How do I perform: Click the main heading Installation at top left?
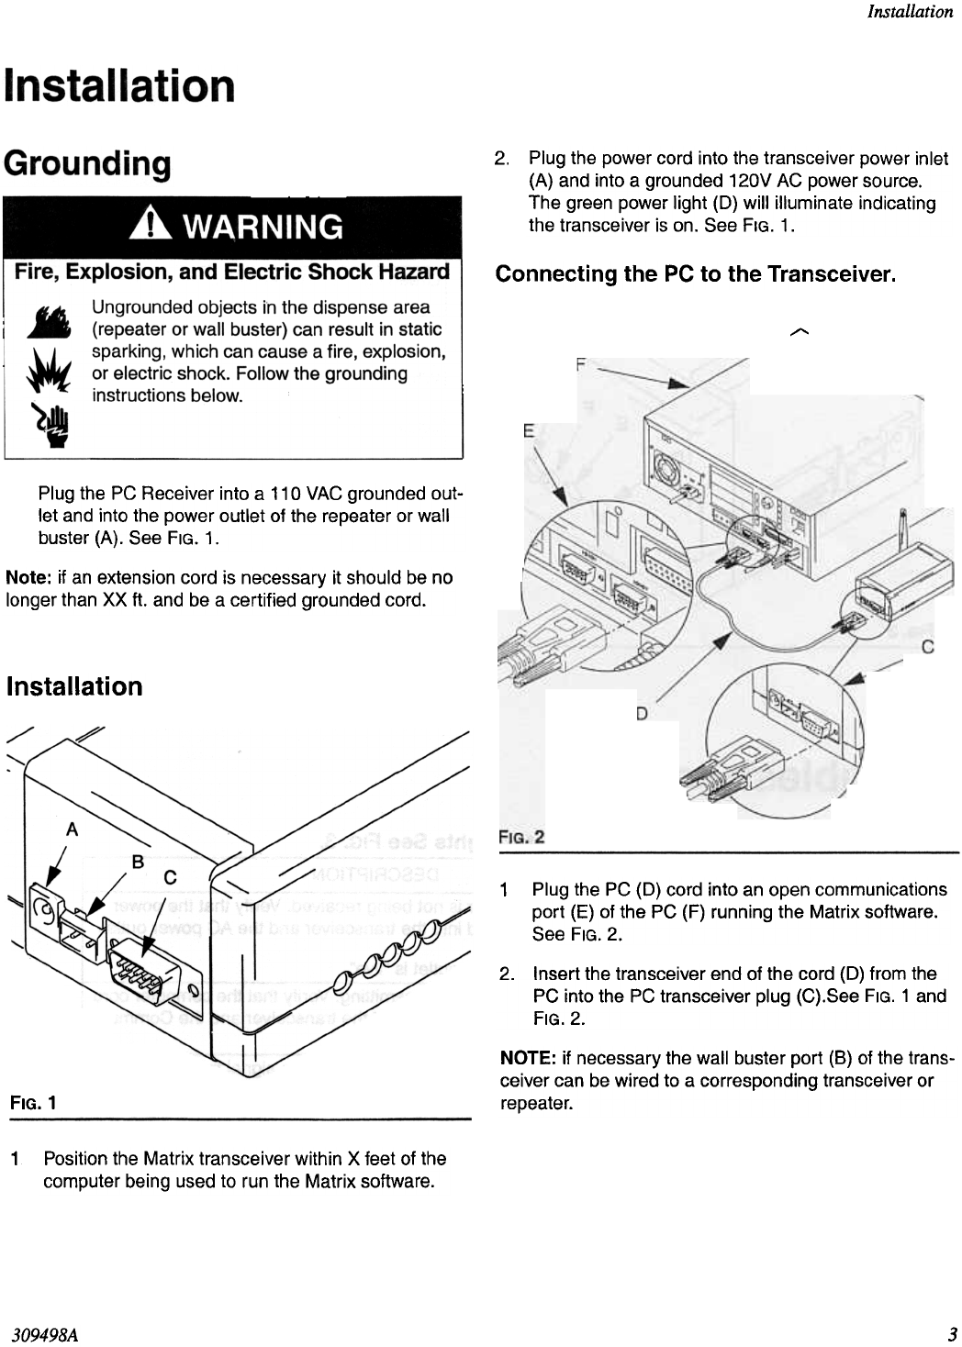[x=119, y=85]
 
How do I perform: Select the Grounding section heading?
[x=88, y=164]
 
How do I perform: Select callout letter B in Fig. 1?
[x=138, y=862]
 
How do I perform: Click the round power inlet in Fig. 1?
[x=40, y=908]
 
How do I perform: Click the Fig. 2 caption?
[x=521, y=837]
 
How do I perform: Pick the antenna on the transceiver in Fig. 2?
[x=904, y=535]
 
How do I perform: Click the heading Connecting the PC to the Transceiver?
[x=695, y=274]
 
